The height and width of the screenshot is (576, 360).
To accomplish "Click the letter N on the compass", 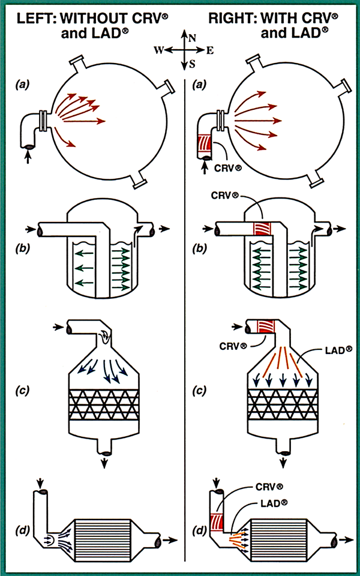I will (x=193, y=37).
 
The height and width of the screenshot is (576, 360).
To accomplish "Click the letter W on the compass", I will (x=160, y=50).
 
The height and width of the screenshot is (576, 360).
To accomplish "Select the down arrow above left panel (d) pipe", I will (x=40, y=483).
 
